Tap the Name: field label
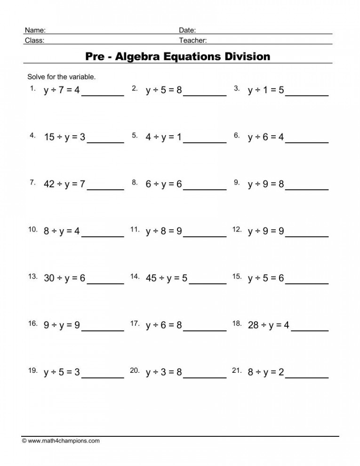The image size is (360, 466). coord(35,30)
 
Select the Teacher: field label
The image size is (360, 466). coord(193,40)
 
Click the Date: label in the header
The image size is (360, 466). coord(187,30)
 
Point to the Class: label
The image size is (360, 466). coord(34,40)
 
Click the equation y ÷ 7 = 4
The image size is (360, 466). coord(62,90)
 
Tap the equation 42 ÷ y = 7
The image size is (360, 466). coord(64,184)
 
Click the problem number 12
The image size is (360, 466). coord(237,230)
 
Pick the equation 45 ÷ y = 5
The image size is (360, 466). coord(167,278)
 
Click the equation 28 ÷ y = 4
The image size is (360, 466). coord(268,325)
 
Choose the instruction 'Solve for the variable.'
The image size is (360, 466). coord(62,76)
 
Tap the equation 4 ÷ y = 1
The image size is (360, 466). coord(164,137)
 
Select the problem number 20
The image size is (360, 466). coord(135,371)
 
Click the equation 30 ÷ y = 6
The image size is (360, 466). coord(64,278)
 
